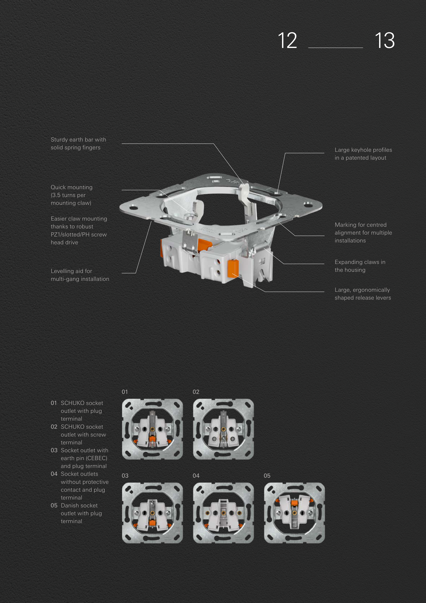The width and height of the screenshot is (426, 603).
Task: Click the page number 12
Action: (x=287, y=40)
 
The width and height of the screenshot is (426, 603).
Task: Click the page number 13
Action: (x=385, y=40)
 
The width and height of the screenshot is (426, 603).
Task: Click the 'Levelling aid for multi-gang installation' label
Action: (x=80, y=275)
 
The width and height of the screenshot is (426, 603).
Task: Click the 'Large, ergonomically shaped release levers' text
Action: (x=363, y=294)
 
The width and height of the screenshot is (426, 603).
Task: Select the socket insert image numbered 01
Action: (x=152, y=429)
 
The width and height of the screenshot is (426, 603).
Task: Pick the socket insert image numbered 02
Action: (x=223, y=429)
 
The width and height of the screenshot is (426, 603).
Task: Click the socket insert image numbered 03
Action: (x=152, y=513)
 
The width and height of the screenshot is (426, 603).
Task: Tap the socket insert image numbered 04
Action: (x=223, y=513)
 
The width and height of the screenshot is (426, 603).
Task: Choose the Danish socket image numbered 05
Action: (x=294, y=513)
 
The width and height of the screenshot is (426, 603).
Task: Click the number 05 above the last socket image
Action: (x=267, y=476)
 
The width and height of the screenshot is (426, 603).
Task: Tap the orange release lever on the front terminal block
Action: (x=233, y=268)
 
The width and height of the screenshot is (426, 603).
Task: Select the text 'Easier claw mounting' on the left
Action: (x=79, y=219)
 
